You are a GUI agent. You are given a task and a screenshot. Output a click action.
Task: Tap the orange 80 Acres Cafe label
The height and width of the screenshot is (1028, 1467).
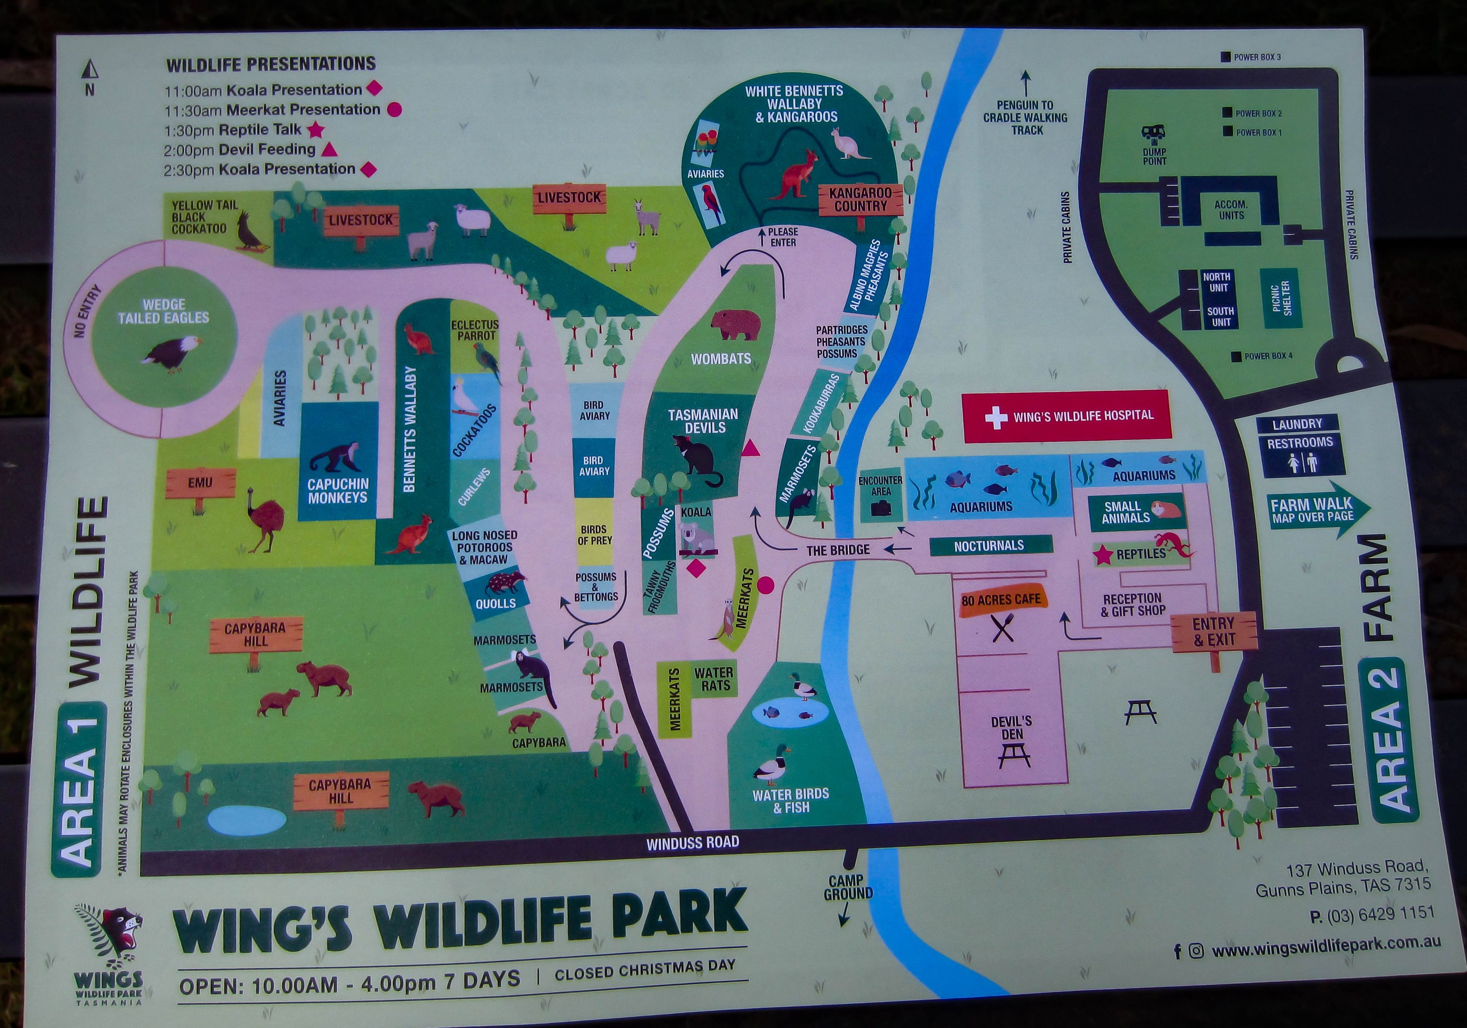point(1001,600)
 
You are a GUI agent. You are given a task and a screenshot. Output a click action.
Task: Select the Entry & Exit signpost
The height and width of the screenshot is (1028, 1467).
point(1213,632)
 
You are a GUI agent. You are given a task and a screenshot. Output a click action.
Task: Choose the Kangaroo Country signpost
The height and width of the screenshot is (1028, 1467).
point(860,199)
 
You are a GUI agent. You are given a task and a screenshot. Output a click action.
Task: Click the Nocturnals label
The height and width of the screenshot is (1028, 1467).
point(989,545)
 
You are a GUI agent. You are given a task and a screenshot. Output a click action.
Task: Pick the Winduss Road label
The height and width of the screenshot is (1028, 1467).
point(692,843)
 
